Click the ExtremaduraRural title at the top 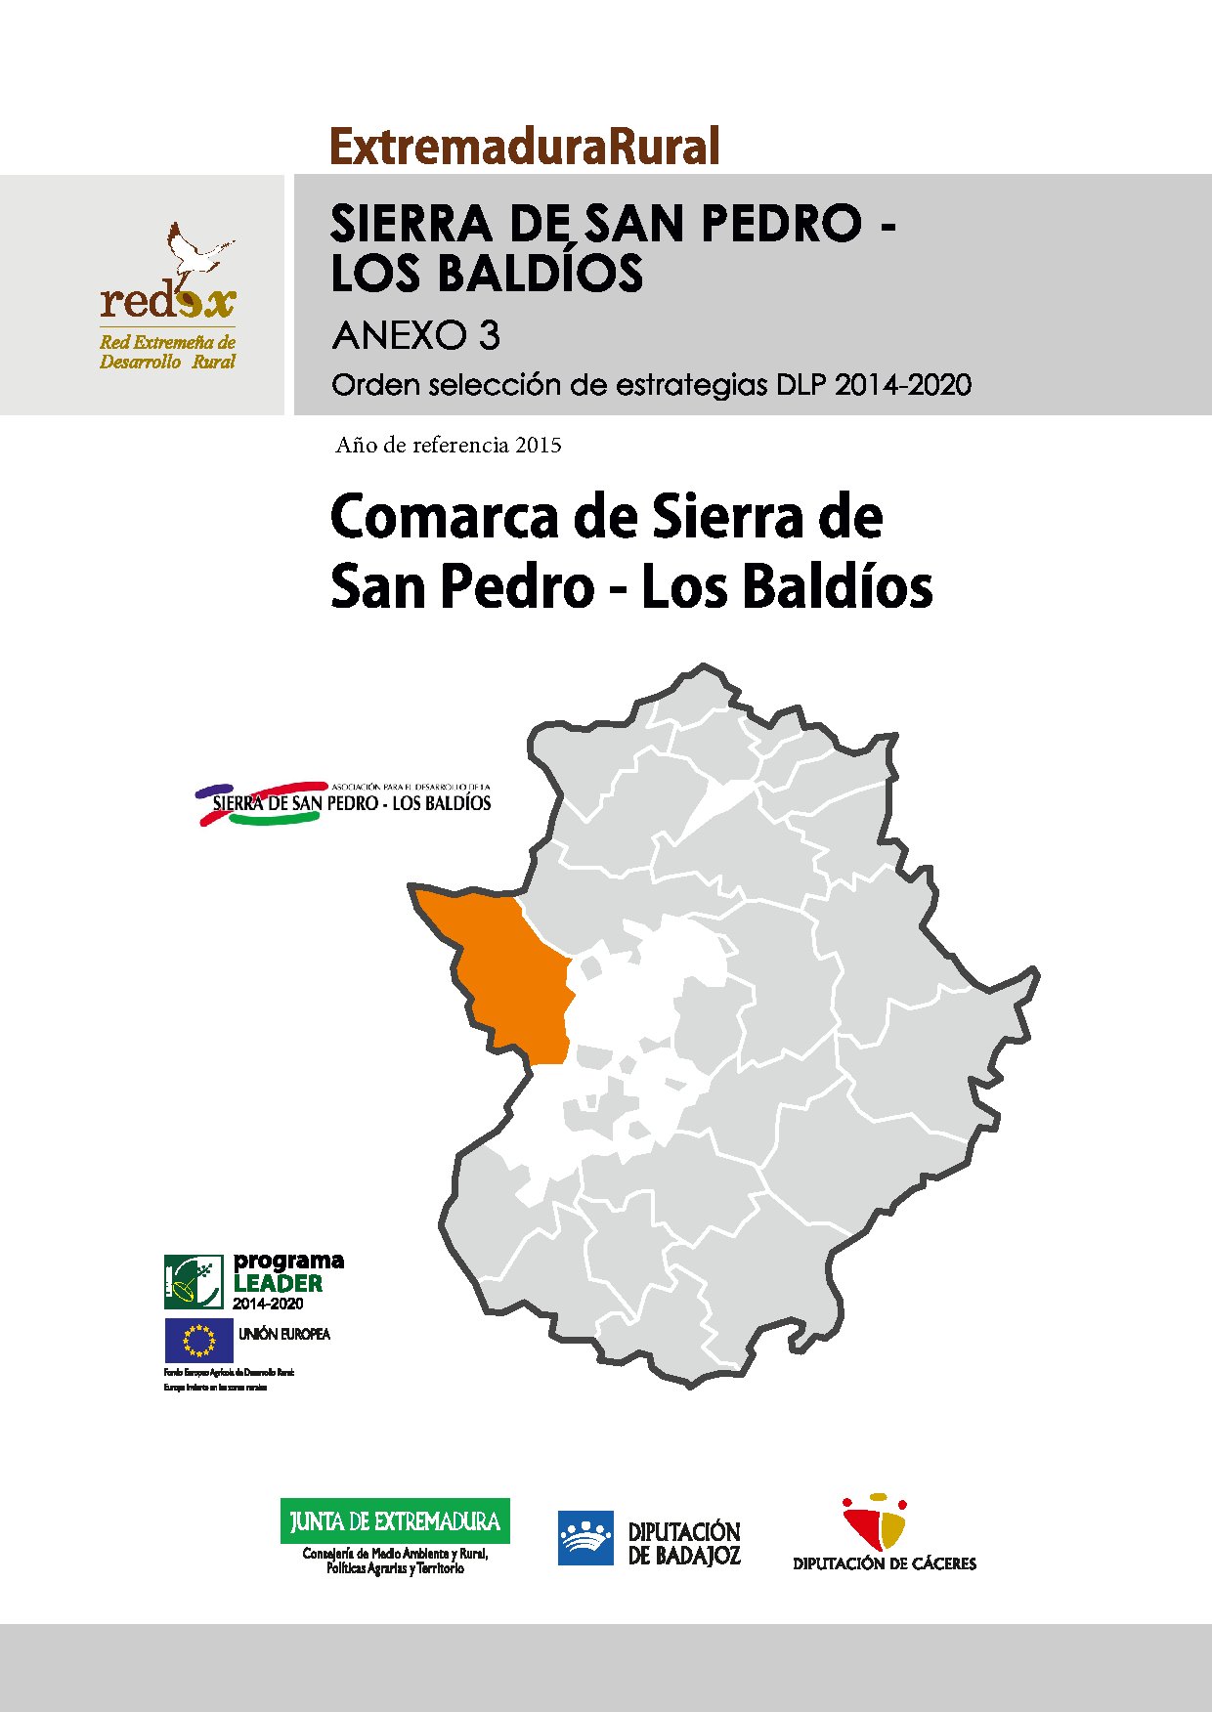coord(525,147)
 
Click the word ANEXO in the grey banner coord(401,336)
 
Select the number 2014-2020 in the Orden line coord(902,385)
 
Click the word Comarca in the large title coord(446,517)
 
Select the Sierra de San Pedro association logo coord(344,802)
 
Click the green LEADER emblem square coord(194,1281)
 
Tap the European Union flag coord(198,1341)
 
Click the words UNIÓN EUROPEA coord(284,1334)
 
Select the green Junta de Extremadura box coord(395,1521)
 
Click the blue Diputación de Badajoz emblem coord(585,1538)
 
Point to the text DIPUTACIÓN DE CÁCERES coord(884,1563)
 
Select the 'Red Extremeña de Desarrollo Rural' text coord(167,352)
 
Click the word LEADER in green coord(278,1283)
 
